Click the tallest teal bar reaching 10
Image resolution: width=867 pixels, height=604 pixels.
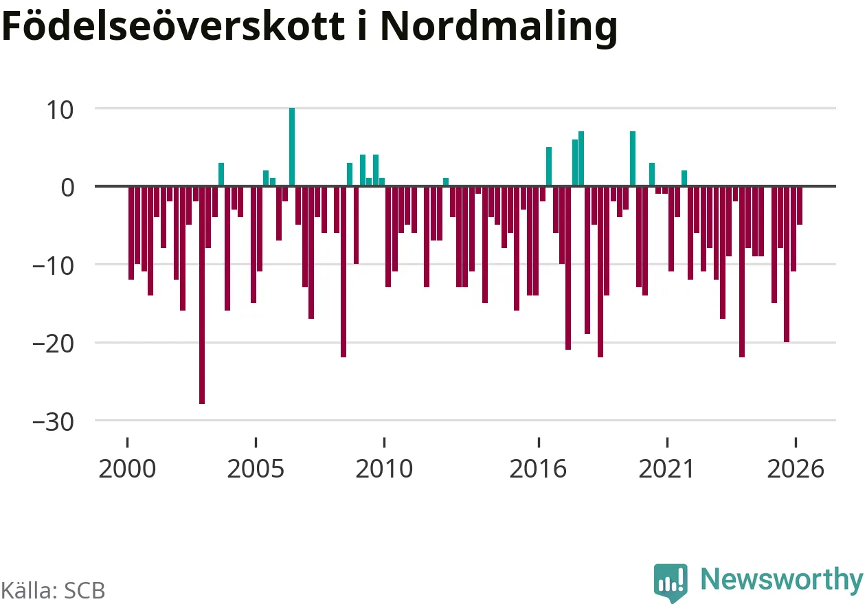[292, 147]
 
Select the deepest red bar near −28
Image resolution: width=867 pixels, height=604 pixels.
[202, 295]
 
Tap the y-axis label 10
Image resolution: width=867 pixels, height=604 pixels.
[60, 111]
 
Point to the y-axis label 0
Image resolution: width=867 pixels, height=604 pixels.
[67, 188]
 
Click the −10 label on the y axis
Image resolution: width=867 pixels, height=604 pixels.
[53, 267]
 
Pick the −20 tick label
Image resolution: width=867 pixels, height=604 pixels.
[53, 344]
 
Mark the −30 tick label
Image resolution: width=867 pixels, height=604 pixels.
[53, 422]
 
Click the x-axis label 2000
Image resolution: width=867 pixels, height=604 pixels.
[127, 469]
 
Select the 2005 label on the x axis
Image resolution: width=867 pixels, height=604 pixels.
[256, 469]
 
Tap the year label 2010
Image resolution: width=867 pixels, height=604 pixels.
[384, 469]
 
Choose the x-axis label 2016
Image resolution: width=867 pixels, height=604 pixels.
[539, 469]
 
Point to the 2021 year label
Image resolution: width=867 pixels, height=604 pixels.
[666, 469]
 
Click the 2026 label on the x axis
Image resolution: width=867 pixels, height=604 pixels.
[796, 469]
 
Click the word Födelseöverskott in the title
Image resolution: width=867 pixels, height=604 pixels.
[173, 25]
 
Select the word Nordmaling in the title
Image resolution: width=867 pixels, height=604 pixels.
[499, 28]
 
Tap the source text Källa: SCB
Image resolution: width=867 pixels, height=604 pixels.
[53, 591]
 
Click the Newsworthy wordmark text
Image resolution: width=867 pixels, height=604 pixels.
[782, 581]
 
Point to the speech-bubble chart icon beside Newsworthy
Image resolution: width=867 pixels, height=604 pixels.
[671, 582]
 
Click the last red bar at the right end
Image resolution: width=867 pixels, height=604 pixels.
[800, 205]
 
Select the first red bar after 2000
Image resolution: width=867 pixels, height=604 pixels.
[131, 233]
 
